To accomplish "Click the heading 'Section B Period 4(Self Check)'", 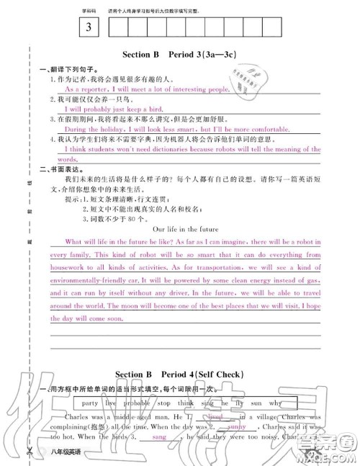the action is pos(180,375).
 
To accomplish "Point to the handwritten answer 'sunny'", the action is pos(237,426).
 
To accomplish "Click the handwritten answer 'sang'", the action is pos(160,436).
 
